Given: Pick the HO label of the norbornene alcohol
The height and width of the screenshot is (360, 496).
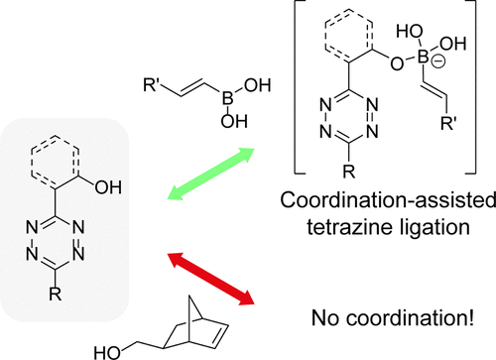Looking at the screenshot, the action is (x=106, y=350).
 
